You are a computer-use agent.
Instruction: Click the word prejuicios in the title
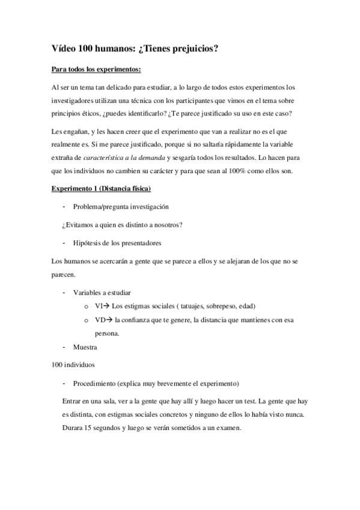coord(193,49)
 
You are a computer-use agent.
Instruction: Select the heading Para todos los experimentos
coord(96,70)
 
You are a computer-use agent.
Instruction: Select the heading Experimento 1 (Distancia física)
coord(101,189)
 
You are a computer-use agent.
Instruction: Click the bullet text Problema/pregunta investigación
coord(121,206)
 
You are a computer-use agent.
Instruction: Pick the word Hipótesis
coord(88,243)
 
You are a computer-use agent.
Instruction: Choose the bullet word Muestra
coord(85,347)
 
